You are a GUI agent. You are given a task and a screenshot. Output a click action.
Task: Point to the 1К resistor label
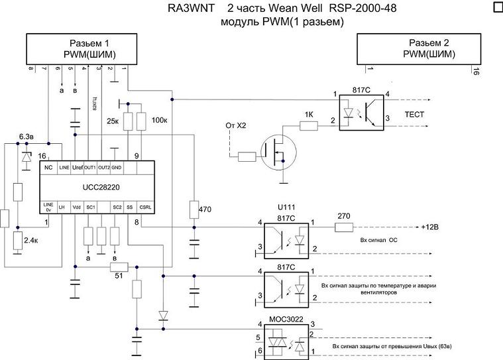coord(308,113)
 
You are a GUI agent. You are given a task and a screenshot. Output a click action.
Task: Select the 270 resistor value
coord(343,215)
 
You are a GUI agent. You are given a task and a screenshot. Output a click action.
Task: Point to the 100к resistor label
coord(160,121)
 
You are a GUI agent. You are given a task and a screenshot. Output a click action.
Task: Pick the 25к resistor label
coord(113,121)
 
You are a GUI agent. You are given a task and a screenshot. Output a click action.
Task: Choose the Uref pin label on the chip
coord(78,168)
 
